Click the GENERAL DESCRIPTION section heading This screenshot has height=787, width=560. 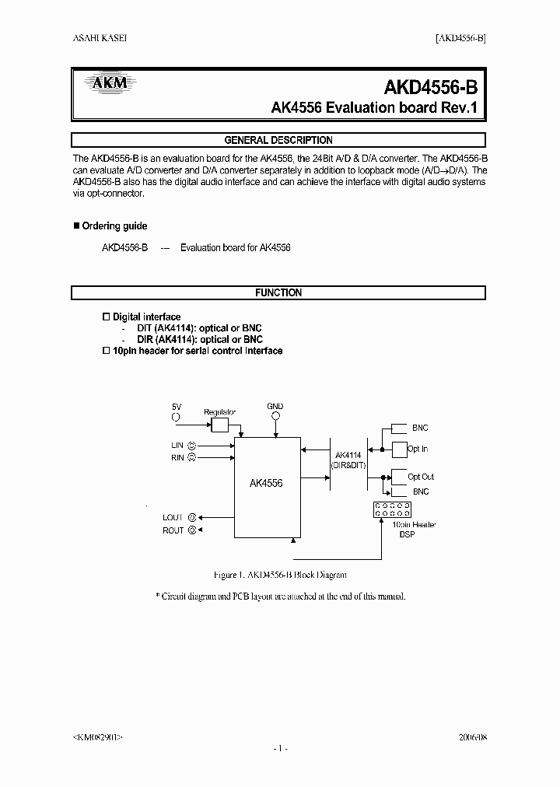[278, 141]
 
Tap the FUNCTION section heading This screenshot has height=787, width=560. [278, 293]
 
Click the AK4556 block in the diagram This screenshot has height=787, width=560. [266, 483]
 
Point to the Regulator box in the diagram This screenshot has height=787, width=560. [220, 425]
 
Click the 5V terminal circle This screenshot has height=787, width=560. [176, 418]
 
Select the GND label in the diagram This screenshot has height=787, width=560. [275, 407]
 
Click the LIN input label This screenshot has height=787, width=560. [177, 445]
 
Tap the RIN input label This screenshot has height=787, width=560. [177, 458]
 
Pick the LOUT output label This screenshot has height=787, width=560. [173, 517]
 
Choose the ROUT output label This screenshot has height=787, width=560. [173, 530]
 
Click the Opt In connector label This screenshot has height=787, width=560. [418, 449]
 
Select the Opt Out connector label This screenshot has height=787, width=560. [421, 477]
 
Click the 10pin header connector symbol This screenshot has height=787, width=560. [392, 509]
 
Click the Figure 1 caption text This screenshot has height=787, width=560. [279, 575]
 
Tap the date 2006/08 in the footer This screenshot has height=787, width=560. [469, 735]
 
